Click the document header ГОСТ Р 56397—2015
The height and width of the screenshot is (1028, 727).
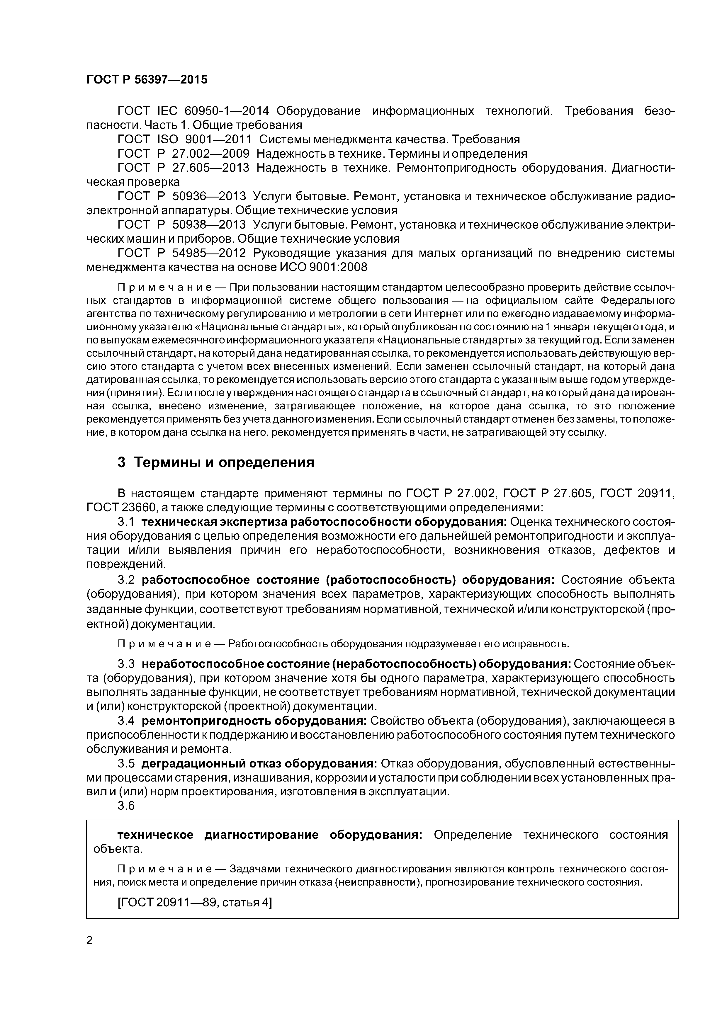[147, 80]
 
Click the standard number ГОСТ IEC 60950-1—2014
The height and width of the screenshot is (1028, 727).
[193, 111]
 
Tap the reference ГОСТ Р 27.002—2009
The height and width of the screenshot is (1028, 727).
[183, 154]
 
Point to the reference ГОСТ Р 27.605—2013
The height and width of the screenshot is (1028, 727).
[183, 168]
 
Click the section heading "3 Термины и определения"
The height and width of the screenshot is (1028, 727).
[216, 462]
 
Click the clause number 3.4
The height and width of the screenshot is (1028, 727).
[126, 721]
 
